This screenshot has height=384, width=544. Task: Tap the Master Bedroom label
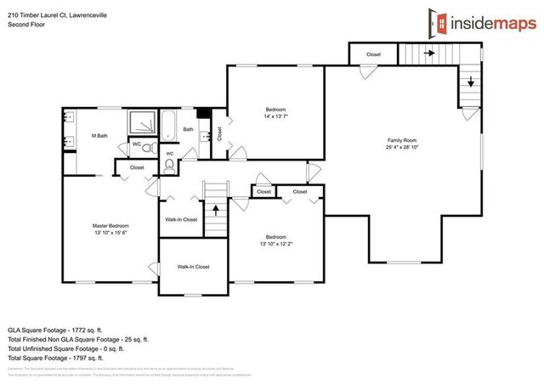[110, 225]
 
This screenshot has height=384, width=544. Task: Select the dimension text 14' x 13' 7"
[275, 116]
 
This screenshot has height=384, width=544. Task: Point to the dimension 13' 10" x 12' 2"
[275, 243]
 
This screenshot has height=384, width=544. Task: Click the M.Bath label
[99, 135]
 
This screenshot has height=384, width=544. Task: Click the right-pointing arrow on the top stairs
[431, 53]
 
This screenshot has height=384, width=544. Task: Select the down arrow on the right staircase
[469, 83]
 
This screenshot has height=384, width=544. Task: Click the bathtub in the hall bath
[167, 125]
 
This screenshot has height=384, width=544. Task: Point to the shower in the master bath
[141, 126]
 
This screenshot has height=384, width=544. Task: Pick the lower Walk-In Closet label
[193, 267]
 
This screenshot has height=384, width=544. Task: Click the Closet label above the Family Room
[374, 55]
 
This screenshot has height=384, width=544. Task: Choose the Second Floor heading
[25, 24]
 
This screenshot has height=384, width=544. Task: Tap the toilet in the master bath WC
[147, 147]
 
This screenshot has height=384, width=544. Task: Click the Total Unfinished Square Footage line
[65, 348]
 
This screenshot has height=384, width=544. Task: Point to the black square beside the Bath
[203, 114]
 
